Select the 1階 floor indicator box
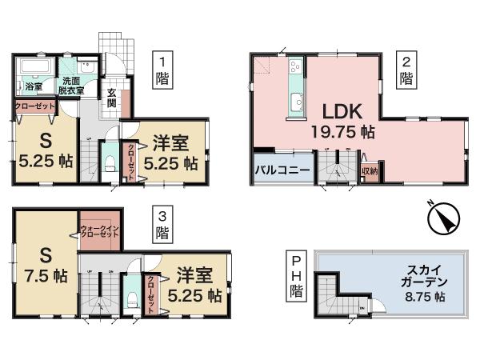(x=163, y=69)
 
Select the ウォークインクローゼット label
(x=99, y=235)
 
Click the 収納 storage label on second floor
(x=369, y=170)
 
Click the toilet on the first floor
(x=110, y=166)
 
